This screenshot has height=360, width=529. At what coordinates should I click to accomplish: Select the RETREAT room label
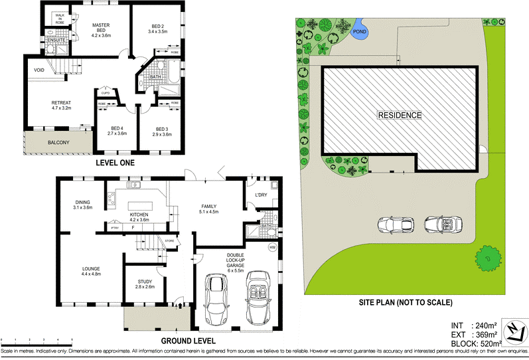click(61, 103)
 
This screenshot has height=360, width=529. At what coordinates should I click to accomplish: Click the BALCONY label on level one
click(59, 143)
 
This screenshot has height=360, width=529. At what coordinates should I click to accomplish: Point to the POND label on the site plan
click(359, 31)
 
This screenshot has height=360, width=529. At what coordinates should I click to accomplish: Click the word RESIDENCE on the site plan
click(400, 115)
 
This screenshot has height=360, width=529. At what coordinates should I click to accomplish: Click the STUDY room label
click(144, 283)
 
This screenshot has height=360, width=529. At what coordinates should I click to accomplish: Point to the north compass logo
click(513, 332)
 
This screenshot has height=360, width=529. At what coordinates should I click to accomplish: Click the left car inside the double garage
click(217, 300)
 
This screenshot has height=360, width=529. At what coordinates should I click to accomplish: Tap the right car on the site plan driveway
click(443, 225)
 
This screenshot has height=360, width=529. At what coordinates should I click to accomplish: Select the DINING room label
click(83, 204)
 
